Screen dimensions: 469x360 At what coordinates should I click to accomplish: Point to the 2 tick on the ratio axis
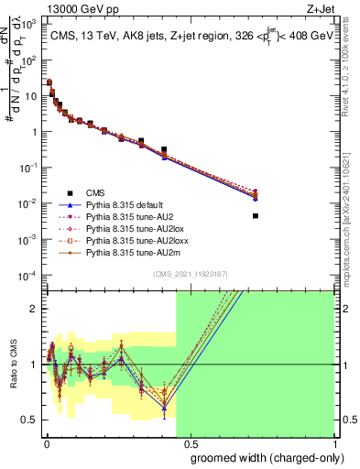(37, 309)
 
